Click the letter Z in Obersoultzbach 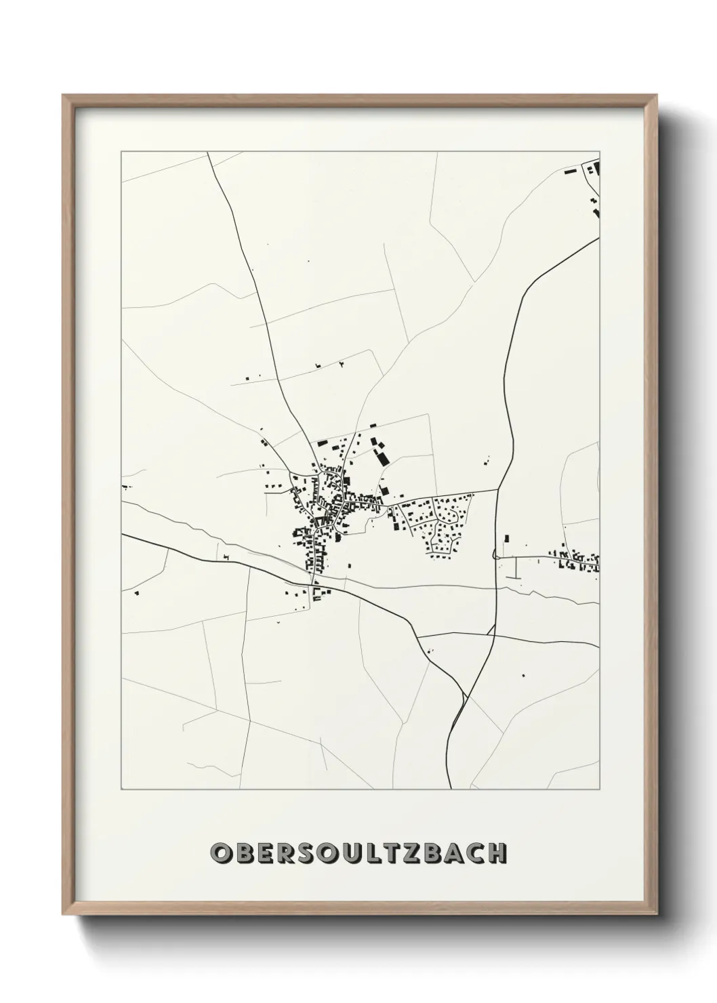click(x=411, y=853)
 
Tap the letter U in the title click(x=346, y=853)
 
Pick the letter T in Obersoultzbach click(x=389, y=853)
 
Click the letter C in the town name click(x=474, y=853)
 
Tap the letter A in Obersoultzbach click(x=453, y=853)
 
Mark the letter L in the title click(x=369, y=853)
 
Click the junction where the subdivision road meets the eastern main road click(x=498, y=489)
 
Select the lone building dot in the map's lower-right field click(x=523, y=675)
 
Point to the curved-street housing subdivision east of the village click(x=437, y=522)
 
